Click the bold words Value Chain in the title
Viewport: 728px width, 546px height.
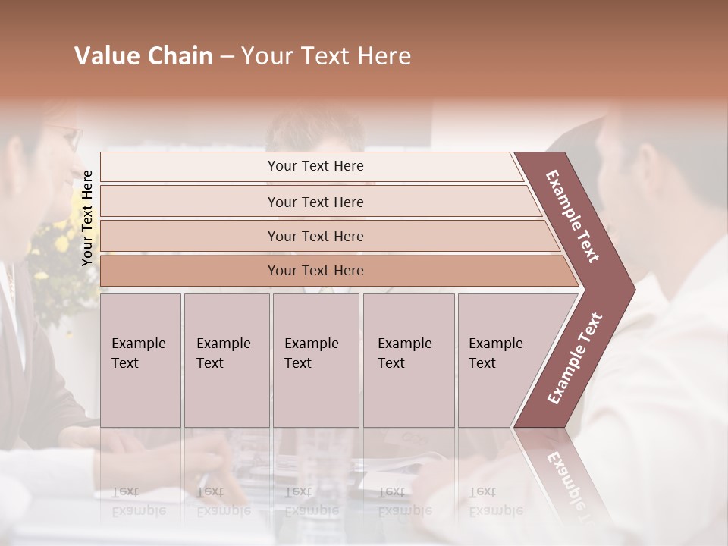pos(143,56)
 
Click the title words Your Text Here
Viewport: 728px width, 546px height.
pos(326,56)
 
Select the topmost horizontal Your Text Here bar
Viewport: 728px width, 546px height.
pos(315,166)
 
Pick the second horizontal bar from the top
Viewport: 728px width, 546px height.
pos(315,202)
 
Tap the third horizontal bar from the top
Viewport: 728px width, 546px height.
pos(315,236)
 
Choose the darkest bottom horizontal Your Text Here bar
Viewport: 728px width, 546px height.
pos(315,271)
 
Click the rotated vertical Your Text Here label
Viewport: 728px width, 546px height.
pos(87,218)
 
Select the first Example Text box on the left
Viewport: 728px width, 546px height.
pos(140,360)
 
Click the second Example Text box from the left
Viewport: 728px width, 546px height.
pos(226,360)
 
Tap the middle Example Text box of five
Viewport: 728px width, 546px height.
pos(315,360)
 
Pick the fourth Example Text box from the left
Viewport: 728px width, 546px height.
pos(408,360)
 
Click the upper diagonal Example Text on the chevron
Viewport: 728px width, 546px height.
pos(573,216)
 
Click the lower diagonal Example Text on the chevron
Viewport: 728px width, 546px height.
pos(575,358)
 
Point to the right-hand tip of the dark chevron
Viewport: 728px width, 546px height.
pos(633,289)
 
